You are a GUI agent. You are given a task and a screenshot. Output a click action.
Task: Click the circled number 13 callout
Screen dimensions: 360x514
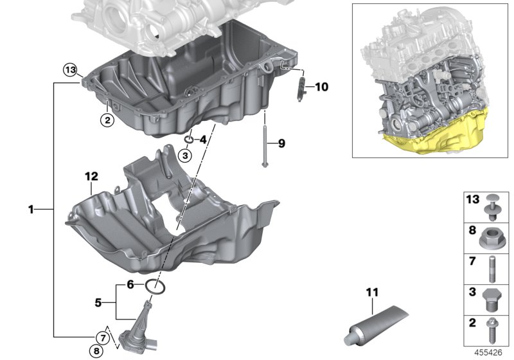click(x=70, y=69)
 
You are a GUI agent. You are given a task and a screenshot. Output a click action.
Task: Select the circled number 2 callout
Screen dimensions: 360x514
click(x=107, y=119)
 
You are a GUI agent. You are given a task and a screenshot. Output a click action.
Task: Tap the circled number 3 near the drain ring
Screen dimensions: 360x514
click(x=185, y=155)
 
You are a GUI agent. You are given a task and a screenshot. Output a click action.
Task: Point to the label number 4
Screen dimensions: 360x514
click(x=202, y=139)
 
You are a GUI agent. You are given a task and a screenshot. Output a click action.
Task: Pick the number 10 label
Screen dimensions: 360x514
click(x=321, y=85)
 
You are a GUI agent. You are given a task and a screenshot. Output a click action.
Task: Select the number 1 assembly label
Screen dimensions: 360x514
click(x=30, y=210)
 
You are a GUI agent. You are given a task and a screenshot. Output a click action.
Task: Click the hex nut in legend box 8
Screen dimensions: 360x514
click(x=491, y=239)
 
